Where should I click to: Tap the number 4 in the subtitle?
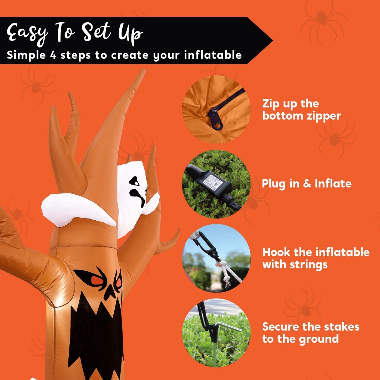(52, 55)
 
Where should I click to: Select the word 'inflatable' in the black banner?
(213, 55)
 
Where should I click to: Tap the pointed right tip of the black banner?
(273, 40)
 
